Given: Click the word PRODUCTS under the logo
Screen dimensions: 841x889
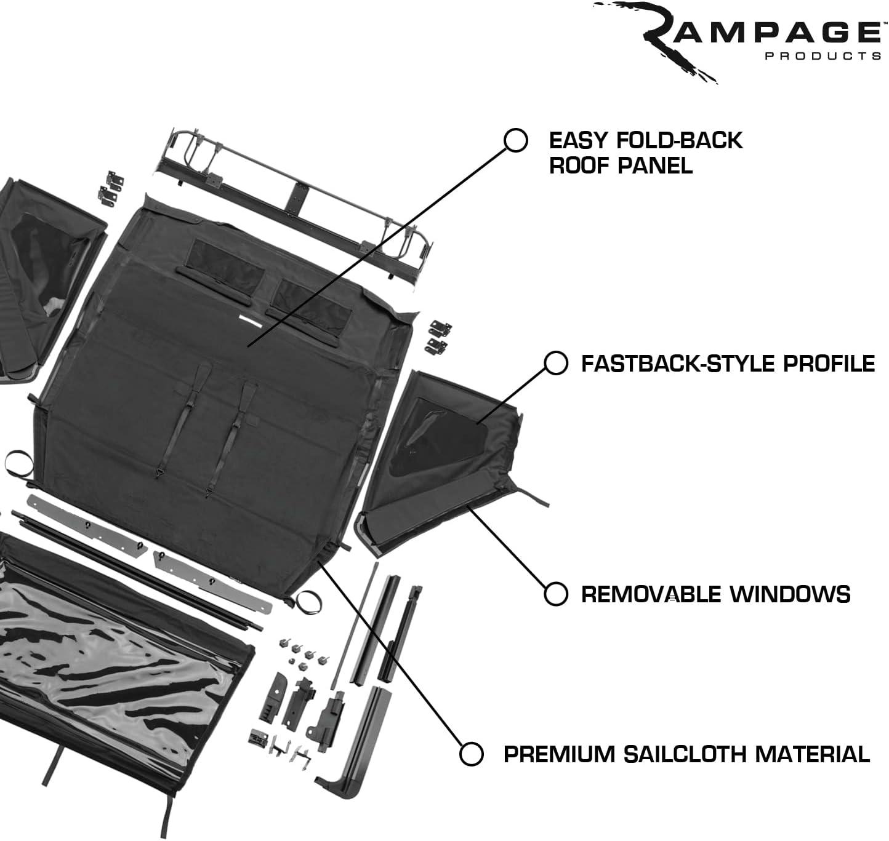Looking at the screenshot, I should pyautogui.click(x=823, y=56).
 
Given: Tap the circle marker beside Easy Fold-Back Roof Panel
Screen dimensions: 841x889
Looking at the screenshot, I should pyautogui.click(x=515, y=140).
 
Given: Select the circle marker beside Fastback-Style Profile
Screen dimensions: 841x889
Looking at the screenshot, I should pyautogui.click(x=555, y=363).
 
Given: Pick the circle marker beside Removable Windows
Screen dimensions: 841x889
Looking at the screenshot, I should pyautogui.click(x=555, y=594).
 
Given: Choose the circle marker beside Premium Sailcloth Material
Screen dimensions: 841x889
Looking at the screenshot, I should pyautogui.click(x=471, y=754).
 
